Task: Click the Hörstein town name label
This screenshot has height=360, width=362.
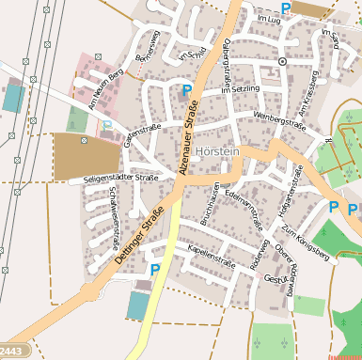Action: click(218, 150)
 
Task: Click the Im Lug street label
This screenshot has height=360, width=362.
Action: click(268, 18)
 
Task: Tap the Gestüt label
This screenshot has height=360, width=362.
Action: click(275, 279)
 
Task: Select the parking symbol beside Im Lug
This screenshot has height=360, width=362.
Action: click(285, 8)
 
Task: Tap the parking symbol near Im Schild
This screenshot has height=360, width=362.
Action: click(187, 90)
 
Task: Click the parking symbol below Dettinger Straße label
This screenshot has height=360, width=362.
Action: click(155, 270)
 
